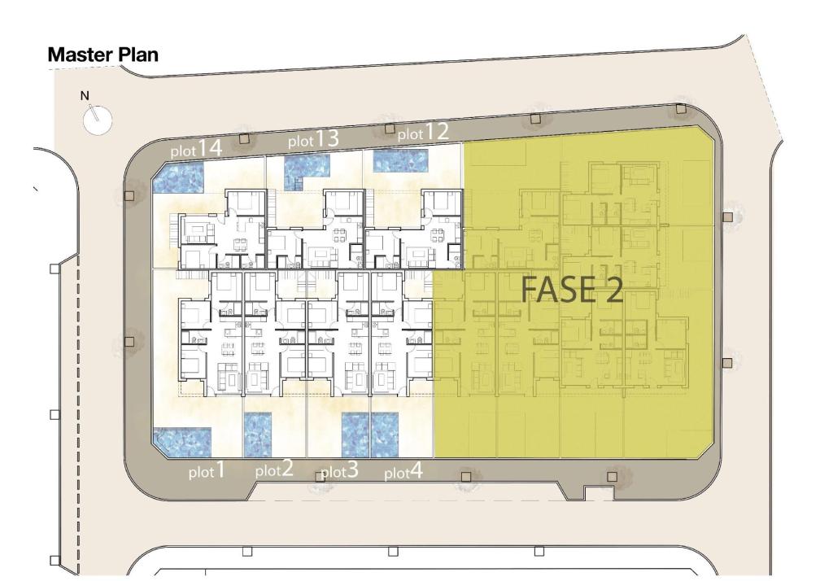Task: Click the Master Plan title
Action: coord(103,55)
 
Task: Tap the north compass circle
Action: coord(98,120)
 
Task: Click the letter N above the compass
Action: coord(85,96)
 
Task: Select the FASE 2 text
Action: coord(572,290)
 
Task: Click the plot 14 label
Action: coord(196,149)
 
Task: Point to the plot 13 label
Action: coord(313,139)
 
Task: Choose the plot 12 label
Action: coord(423,133)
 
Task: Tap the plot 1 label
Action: coord(207,471)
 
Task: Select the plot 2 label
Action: coord(274,470)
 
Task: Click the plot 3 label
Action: coord(340,470)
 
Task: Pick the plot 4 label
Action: coord(403,471)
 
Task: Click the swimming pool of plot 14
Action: coord(178,177)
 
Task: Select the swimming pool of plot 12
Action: coord(400,161)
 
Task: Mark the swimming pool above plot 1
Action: coord(182,442)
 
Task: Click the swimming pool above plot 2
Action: coord(258,435)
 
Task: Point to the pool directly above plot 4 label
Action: coord(385,435)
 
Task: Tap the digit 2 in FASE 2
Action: coord(612,290)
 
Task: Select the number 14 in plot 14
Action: coord(211,147)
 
